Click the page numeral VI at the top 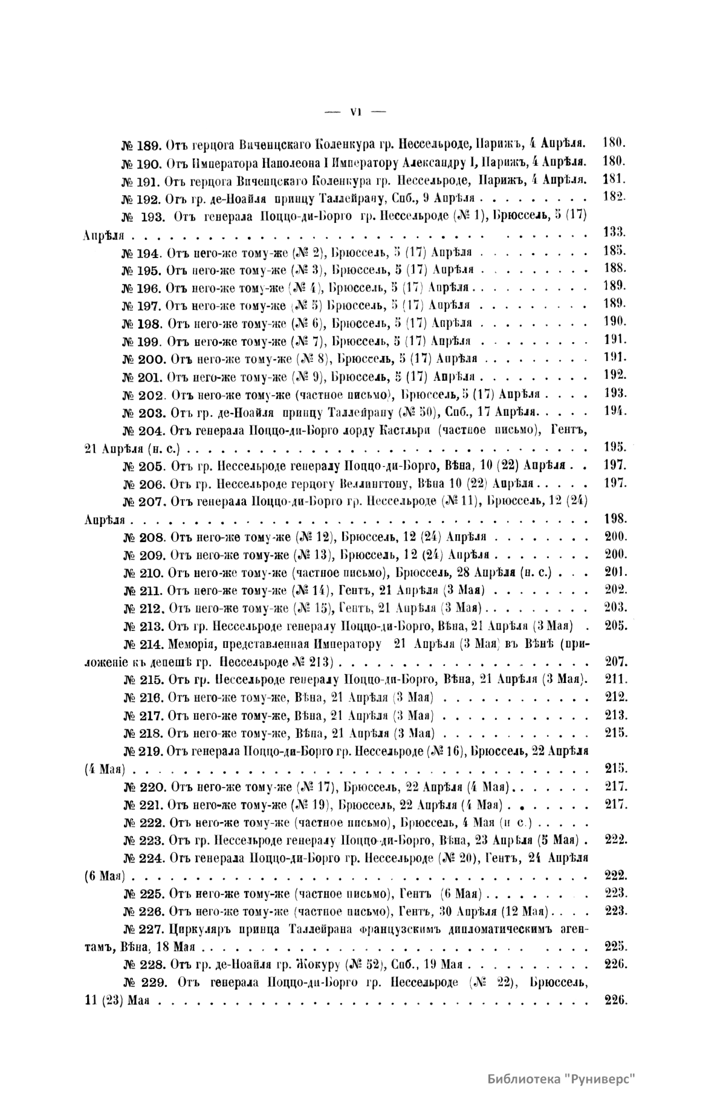pos(355,111)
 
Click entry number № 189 pos(140,146)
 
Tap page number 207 pos(616,661)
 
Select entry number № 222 pos(144,822)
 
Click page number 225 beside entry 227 pos(616,946)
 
